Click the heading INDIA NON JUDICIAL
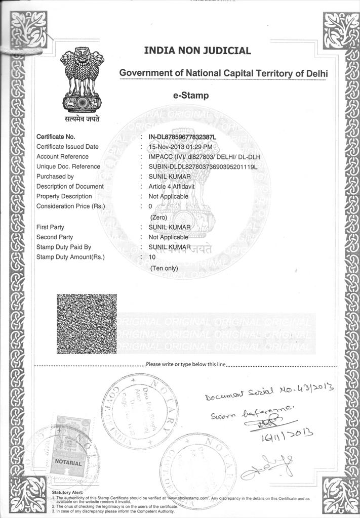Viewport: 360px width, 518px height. coord(197,51)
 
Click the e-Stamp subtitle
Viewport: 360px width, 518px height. coord(191,95)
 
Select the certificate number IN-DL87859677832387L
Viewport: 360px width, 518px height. coord(182,137)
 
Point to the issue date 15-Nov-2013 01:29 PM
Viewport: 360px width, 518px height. coord(184,147)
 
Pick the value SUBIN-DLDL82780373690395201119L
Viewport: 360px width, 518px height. coord(203,166)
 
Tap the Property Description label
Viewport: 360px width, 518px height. coord(64,196)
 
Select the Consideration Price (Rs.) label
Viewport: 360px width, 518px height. coord(70,206)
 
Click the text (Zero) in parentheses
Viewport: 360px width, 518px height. coord(158,217)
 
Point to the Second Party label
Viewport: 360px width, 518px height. coord(55,237)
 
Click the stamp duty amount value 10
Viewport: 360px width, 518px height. coord(152,257)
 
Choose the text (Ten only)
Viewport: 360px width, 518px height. coord(165,268)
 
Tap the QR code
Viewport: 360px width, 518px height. coord(87,323)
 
